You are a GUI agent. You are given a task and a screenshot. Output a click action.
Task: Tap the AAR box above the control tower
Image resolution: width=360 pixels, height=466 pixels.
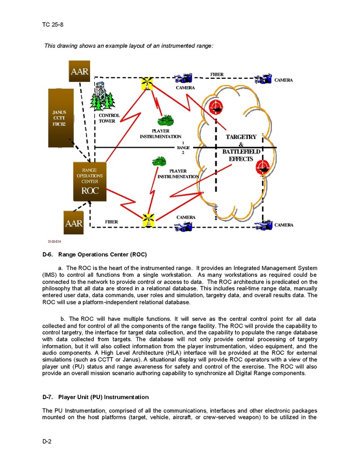[x=80, y=71]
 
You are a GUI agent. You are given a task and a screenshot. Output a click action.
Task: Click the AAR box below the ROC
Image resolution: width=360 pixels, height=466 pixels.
[x=74, y=223]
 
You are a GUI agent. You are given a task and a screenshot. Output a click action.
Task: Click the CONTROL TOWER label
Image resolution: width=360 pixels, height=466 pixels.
[x=109, y=118]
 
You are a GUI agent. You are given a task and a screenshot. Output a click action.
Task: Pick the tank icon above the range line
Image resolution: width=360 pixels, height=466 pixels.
[x=166, y=120]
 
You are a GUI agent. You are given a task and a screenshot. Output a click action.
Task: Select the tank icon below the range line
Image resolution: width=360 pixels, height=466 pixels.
[x=159, y=162]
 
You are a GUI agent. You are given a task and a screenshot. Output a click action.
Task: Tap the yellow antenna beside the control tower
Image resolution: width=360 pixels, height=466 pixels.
[x=148, y=83]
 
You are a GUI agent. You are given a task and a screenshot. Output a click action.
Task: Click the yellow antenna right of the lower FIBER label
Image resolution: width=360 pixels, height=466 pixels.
[x=148, y=220]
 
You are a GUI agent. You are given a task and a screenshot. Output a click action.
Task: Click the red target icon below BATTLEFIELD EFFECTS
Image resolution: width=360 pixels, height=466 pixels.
[x=263, y=166]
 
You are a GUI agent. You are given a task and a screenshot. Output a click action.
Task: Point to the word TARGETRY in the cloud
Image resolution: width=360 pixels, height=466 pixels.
[x=241, y=137]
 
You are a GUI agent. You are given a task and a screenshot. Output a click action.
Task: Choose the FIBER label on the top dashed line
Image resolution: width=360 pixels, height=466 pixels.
[x=217, y=75]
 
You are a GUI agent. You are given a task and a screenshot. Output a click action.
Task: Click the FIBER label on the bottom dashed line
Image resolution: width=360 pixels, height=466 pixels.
[x=111, y=221]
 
